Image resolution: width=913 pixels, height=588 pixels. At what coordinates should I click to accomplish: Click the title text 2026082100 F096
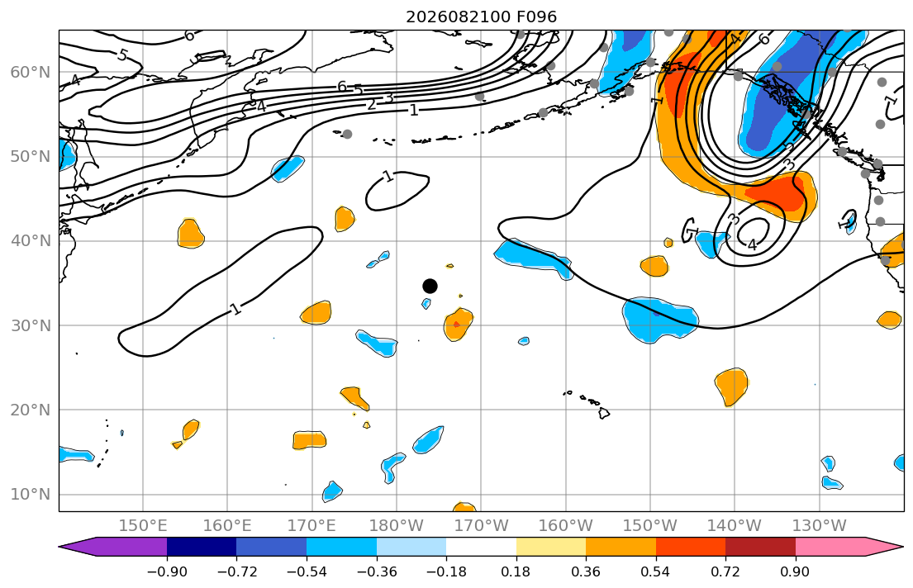tap(481, 17)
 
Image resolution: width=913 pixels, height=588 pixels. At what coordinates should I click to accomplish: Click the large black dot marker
tap(430, 286)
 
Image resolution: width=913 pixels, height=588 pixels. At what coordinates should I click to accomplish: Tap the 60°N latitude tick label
tap(31, 72)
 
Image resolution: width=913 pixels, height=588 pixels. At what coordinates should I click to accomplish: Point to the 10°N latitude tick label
tap(31, 495)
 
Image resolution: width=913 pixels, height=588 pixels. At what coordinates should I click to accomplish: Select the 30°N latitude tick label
tap(31, 325)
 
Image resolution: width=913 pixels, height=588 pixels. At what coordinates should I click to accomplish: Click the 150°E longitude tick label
tap(143, 526)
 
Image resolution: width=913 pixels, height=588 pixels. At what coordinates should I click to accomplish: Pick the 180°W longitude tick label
tap(397, 526)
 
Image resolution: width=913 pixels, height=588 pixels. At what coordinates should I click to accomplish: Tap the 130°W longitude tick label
tap(820, 526)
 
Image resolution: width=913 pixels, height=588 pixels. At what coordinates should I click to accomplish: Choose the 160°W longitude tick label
tap(566, 526)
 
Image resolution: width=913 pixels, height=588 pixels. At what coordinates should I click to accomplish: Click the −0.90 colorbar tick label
tap(167, 571)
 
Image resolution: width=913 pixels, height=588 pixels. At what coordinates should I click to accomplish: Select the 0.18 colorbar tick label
tap(516, 571)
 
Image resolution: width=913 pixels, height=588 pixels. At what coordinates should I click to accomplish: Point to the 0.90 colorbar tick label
tap(796, 571)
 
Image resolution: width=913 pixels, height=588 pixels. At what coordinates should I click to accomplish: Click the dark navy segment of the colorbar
tap(202, 547)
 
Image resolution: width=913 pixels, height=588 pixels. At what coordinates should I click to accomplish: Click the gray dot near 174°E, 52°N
tap(347, 134)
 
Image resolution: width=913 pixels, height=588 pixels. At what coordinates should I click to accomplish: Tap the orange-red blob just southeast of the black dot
tap(458, 325)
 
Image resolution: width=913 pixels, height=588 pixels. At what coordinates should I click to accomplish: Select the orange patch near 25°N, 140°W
tap(730, 386)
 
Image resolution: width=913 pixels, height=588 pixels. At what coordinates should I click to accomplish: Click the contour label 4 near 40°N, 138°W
tap(752, 244)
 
